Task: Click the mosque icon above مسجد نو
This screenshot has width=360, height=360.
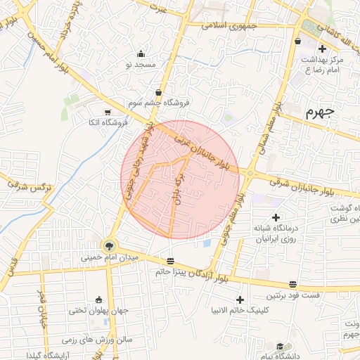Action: point(141,53)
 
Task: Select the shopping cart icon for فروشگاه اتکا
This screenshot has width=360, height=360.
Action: point(107,112)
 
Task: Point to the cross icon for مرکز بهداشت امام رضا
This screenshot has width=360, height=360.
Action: point(322,49)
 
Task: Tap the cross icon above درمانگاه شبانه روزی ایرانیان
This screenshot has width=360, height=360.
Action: point(276,217)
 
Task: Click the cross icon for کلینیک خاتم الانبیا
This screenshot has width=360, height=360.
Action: point(240,300)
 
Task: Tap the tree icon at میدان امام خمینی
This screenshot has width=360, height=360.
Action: point(109,245)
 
